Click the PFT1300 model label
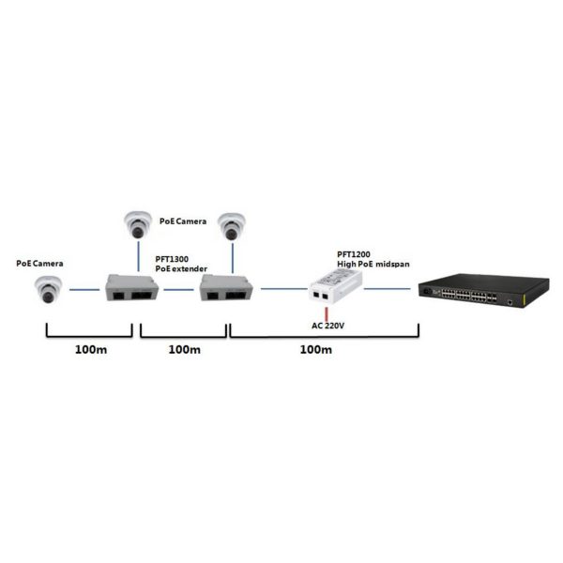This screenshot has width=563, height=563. [x=172, y=259]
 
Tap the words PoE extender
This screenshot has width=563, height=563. [x=181, y=268]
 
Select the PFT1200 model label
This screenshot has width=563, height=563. [x=354, y=254]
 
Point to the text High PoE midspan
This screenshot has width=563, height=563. [x=373, y=264]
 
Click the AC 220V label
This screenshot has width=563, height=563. [x=327, y=326]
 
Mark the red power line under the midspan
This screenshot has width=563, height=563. [x=327, y=314]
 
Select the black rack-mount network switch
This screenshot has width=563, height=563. [x=483, y=290]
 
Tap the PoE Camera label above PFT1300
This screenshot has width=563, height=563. [x=183, y=221]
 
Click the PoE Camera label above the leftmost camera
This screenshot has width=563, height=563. [x=39, y=263]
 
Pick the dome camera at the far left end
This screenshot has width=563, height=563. [x=48, y=289]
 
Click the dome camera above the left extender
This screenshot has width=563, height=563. [x=138, y=225]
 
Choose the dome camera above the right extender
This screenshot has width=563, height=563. [x=232, y=226]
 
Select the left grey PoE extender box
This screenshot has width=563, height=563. [x=131, y=287]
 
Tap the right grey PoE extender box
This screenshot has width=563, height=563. [x=226, y=287]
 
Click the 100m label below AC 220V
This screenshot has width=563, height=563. [x=316, y=349]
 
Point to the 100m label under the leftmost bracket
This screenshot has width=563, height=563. [x=91, y=349]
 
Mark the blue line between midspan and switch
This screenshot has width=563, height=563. [x=388, y=288]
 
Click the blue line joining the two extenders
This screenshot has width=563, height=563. [x=179, y=289]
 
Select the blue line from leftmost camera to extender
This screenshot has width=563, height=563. [x=84, y=289]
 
